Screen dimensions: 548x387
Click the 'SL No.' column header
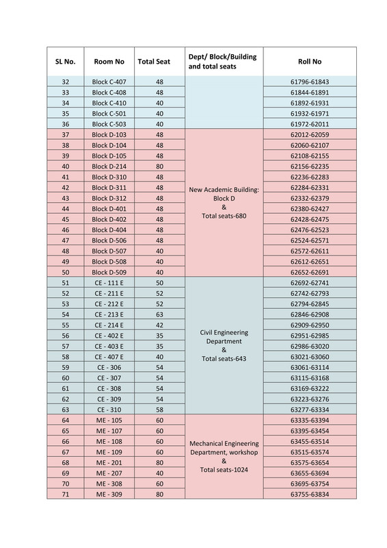tap(65, 61)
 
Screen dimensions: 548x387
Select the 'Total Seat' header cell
tap(154, 61)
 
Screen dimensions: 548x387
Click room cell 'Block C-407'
tap(109, 82)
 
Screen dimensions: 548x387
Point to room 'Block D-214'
tap(109, 166)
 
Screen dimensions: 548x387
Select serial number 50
tap(65, 272)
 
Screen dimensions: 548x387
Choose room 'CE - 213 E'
tap(109, 314)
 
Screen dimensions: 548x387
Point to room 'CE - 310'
tap(109, 409)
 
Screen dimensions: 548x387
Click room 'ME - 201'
tap(109, 462)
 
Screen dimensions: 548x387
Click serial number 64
tap(65, 420)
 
